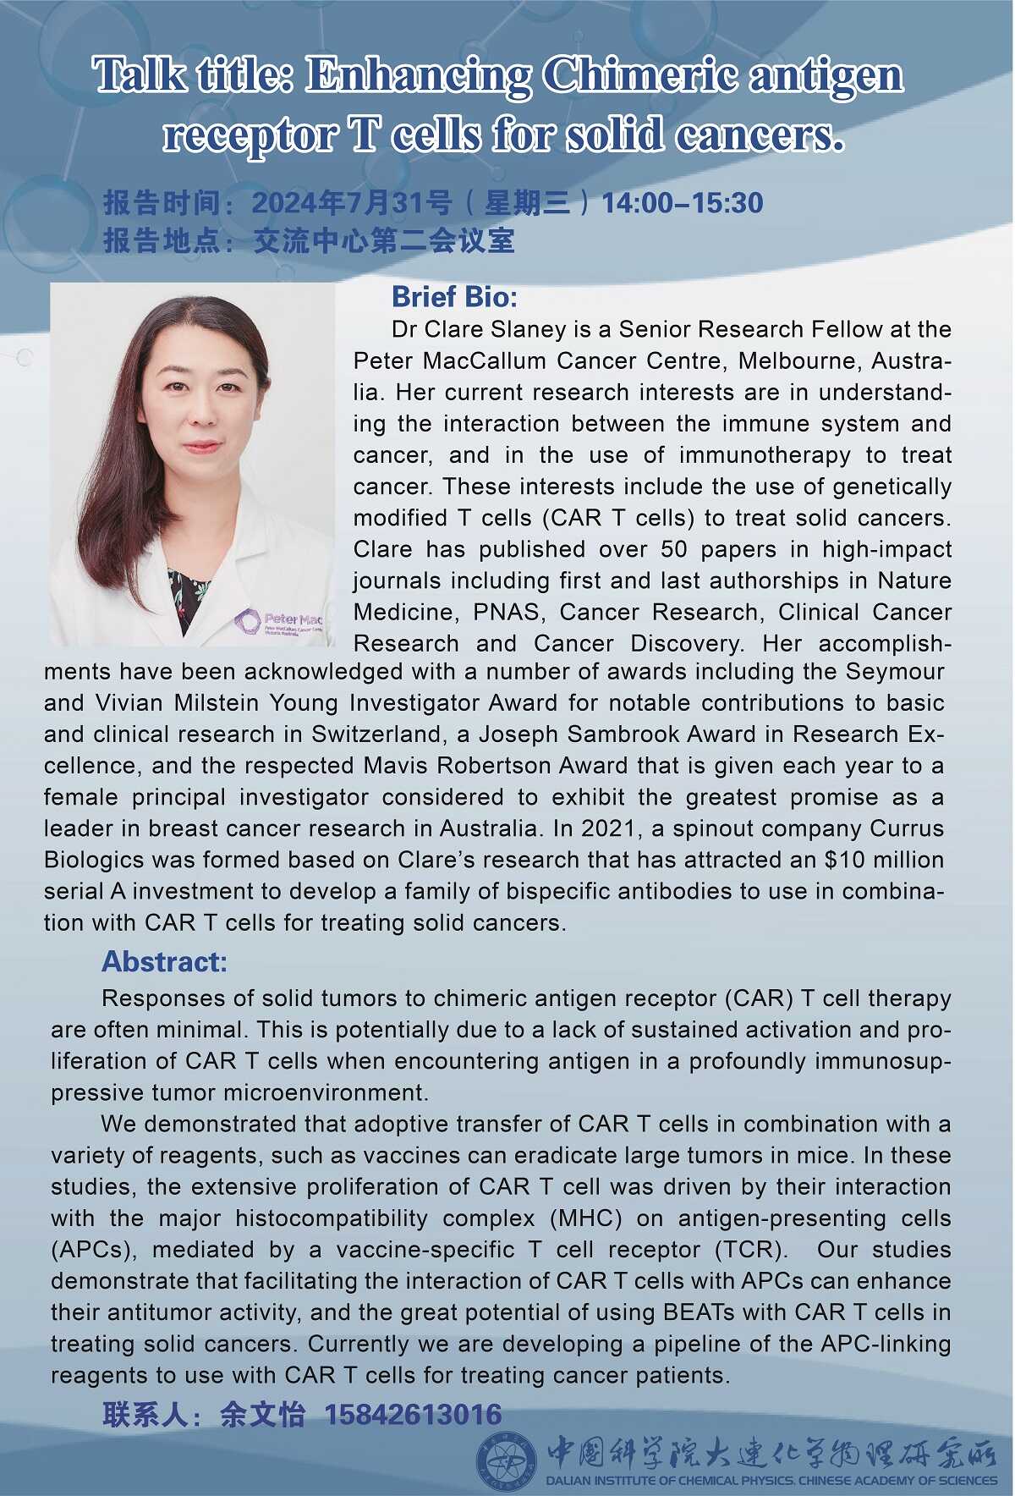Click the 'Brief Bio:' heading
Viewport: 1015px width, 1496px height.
(x=454, y=297)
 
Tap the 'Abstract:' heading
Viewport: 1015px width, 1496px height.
(x=164, y=962)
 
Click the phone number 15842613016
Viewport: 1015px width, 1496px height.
(x=413, y=1414)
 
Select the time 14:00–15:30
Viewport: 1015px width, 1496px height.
(x=682, y=203)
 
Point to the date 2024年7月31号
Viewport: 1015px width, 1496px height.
(x=351, y=203)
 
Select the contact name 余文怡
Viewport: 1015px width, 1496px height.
(x=262, y=1414)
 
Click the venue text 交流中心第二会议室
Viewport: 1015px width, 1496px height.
(x=384, y=241)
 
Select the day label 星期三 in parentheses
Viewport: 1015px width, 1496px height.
(x=525, y=203)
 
